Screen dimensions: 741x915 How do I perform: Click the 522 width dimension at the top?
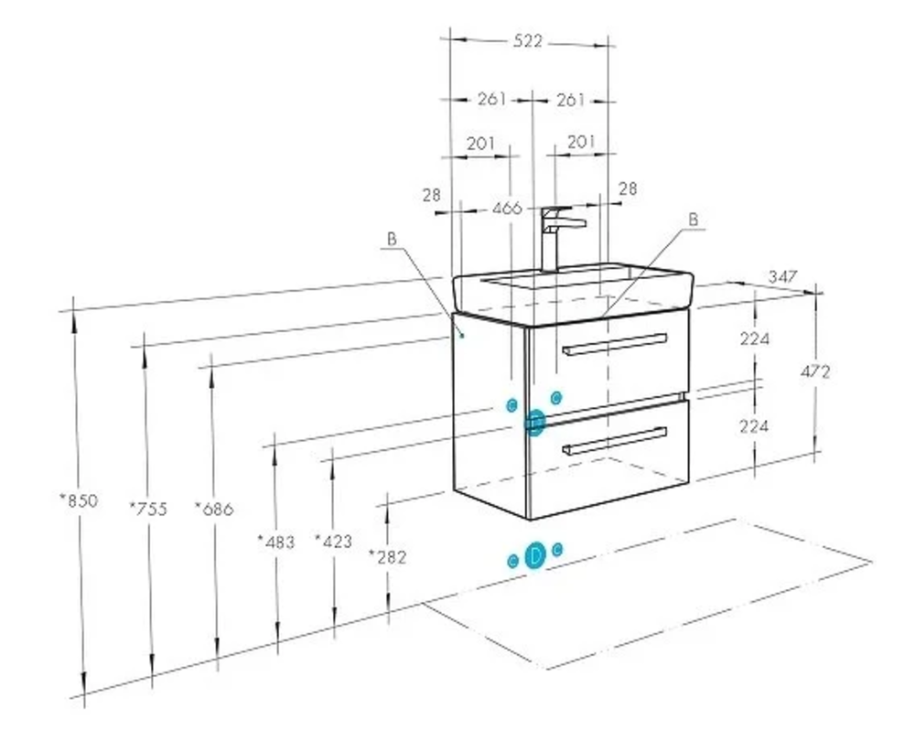click(x=529, y=41)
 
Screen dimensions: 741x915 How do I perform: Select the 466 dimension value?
click(x=506, y=209)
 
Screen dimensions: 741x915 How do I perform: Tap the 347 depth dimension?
click(x=783, y=275)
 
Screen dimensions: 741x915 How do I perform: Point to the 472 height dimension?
click(x=815, y=371)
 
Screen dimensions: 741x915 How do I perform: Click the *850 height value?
click(x=78, y=500)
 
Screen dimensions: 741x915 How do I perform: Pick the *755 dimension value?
click(x=148, y=509)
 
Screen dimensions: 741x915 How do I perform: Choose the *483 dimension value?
click(x=275, y=542)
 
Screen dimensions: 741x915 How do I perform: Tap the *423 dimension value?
click(x=333, y=541)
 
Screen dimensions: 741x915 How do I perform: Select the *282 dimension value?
click(x=387, y=556)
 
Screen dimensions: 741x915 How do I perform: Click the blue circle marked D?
click(x=535, y=554)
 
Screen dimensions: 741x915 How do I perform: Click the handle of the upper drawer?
click(x=615, y=343)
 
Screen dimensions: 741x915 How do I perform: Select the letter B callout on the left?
click(x=392, y=239)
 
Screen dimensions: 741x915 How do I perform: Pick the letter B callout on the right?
click(x=693, y=219)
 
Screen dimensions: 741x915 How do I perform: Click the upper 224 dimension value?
click(x=755, y=338)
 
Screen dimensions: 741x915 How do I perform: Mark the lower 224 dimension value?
click(x=755, y=425)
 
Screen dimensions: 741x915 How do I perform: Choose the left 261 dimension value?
click(x=491, y=99)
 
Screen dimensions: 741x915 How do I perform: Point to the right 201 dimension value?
click(x=580, y=142)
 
